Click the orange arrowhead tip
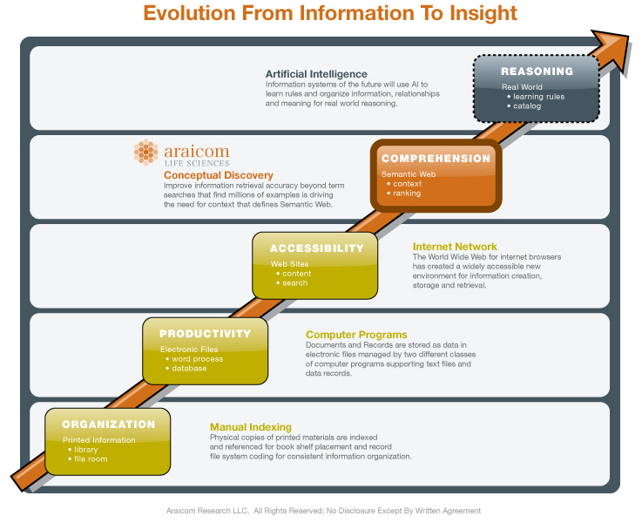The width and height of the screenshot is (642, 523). click(628, 37)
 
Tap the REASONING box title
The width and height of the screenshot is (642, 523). click(537, 71)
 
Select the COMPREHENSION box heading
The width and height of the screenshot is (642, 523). click(436, 159)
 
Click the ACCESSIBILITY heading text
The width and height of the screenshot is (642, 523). click(316, 248)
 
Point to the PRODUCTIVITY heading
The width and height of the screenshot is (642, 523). click(205, 334)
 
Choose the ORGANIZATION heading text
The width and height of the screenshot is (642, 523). click(109, 425)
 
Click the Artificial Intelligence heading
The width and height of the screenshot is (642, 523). click(316, 74)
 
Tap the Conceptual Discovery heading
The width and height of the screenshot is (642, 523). click(219, 175)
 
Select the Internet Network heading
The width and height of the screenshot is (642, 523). click(455, 247)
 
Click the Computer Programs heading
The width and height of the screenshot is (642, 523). click(356, 335)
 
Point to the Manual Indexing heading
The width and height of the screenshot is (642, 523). click(251, 427)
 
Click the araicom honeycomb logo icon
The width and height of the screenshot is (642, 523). click(145, 152)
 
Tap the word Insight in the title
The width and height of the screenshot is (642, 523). click(483, 13)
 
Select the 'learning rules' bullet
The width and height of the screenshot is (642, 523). click(536, 97)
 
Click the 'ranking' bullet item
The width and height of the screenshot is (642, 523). click(403, 194)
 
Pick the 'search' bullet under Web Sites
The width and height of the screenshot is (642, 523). click(292, 283)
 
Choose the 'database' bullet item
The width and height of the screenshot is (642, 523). click(186, 369)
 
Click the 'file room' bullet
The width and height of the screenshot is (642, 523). click(88, 459)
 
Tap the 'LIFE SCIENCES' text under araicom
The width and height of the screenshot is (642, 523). click(197, 163)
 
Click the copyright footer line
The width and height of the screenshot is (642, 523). click(323, 511)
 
